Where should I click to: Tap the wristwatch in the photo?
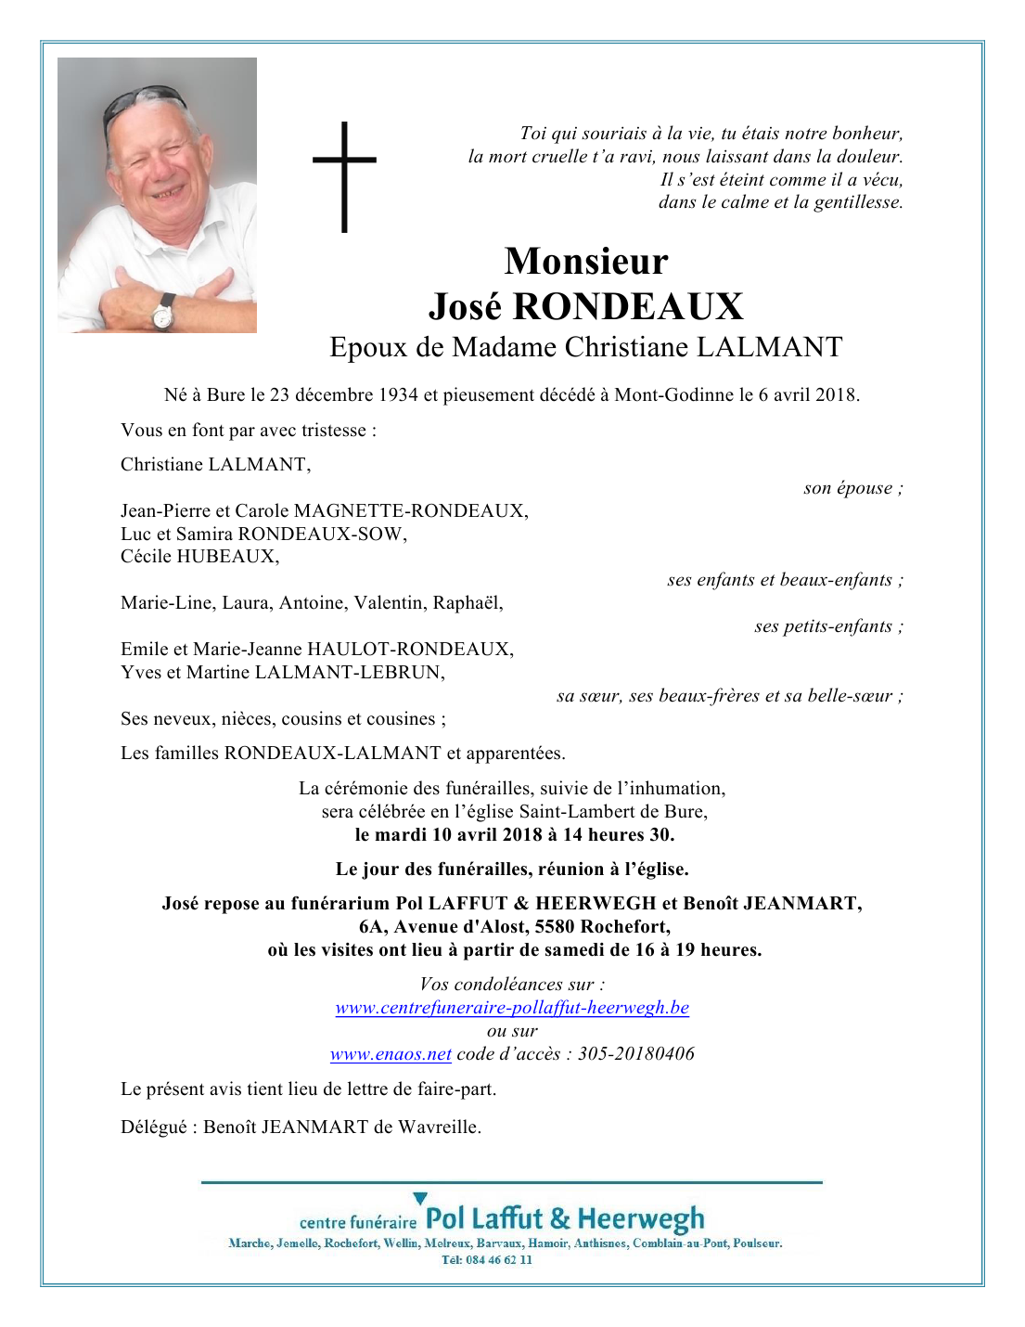(163, 314)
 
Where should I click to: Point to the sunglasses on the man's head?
(144, 101)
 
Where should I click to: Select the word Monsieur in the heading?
(585, 262)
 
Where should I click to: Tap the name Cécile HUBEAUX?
(199, 557)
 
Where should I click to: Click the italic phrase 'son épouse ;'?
(852, 488)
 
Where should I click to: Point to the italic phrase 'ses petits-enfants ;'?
(827, 626)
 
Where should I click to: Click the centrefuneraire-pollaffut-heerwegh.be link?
(512, 1008)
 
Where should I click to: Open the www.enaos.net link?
(391, 1054)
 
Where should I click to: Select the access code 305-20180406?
(635, 1054)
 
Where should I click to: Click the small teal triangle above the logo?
(420, 1199)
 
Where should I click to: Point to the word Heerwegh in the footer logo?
(640, 1218)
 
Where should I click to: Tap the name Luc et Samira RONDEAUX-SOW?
(263, 535)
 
